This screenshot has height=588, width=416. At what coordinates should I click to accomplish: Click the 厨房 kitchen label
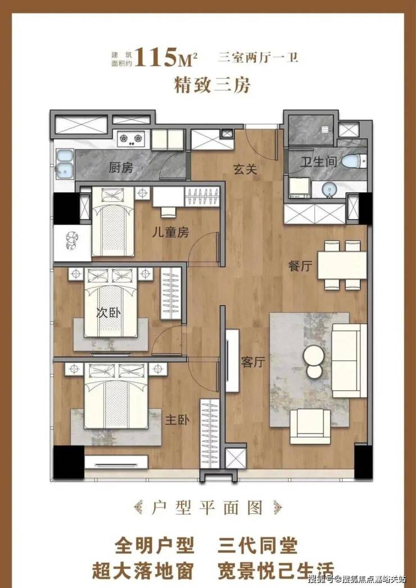point(121,168)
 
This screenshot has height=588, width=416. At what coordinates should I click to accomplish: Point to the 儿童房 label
point(170,233)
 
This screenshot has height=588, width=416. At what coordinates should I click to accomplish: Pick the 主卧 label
point(178,420)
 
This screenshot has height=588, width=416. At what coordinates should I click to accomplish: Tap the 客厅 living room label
point(253,362)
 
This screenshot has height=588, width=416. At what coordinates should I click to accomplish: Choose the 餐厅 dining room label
point(300,266)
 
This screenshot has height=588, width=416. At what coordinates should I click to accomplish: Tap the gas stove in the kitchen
point(132,139)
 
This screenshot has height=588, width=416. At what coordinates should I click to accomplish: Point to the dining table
point(342,265)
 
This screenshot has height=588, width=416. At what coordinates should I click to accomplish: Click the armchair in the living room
point(310,426)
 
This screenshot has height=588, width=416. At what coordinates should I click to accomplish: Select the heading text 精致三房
point(212,86)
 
